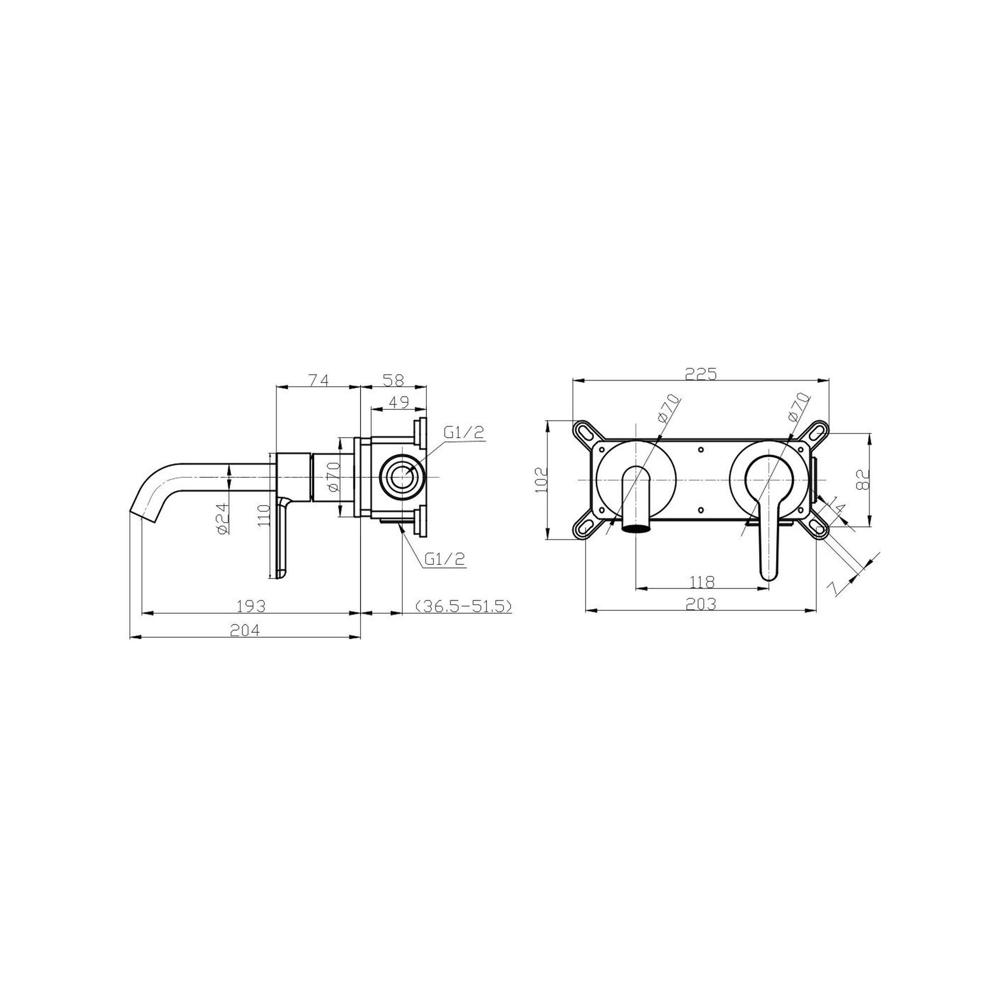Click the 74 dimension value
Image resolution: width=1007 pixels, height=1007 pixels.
319,380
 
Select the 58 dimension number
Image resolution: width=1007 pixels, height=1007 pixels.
394,380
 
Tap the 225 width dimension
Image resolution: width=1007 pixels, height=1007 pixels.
700,374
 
